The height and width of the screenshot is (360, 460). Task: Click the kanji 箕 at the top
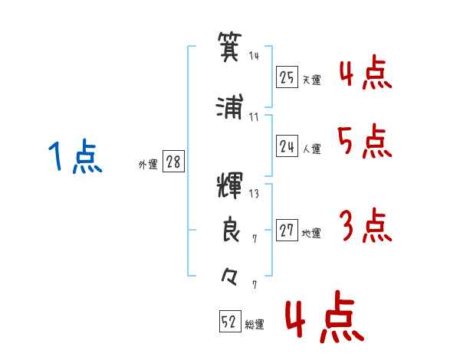coord(230,47)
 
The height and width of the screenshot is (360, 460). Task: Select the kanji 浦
coord(230,106)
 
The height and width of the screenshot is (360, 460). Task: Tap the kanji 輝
coord(230,186)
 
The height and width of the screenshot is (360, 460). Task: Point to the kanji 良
coord(231,229)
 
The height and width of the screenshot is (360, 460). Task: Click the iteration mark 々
coord(229,277)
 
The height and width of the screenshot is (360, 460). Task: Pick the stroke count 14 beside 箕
coord(254,55)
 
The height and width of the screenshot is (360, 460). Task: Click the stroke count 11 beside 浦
coord(254,117)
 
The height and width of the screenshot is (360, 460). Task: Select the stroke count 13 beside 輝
coord(254,194)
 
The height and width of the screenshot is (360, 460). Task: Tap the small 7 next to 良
coord(255,239)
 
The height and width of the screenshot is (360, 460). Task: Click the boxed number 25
coord(287,77)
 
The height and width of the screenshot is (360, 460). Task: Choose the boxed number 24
coord(287,146)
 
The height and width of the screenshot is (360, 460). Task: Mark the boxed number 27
coord(287,230)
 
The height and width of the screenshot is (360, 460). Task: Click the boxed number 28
coord(173,161)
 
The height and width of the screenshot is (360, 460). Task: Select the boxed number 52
coord(230,321)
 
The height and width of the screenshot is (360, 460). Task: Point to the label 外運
coord(148,165)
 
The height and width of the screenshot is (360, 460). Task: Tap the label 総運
coord(255,325)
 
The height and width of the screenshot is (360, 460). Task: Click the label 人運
coord(312,149)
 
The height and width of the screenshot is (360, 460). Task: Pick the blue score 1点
coord(75,156)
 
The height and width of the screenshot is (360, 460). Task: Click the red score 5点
coord(365,141)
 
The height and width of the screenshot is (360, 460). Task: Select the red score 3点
coord(366,225)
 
